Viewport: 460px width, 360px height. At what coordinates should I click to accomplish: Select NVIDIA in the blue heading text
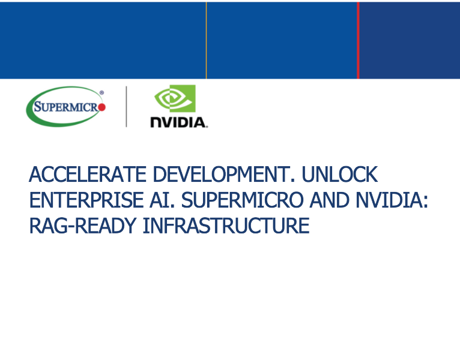tap(388, 200)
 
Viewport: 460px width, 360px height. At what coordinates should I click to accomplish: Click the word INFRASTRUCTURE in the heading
tap(228, 226)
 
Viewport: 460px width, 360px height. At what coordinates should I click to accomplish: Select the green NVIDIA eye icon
tap(175, 99)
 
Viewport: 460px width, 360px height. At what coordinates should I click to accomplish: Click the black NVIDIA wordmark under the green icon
tap(178, 122)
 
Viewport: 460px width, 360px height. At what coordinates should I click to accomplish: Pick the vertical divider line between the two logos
tap(126, 107)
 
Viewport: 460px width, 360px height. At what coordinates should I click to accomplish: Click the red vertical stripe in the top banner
tap(358, 40)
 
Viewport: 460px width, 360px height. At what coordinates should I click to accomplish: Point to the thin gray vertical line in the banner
tap(206, 40)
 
